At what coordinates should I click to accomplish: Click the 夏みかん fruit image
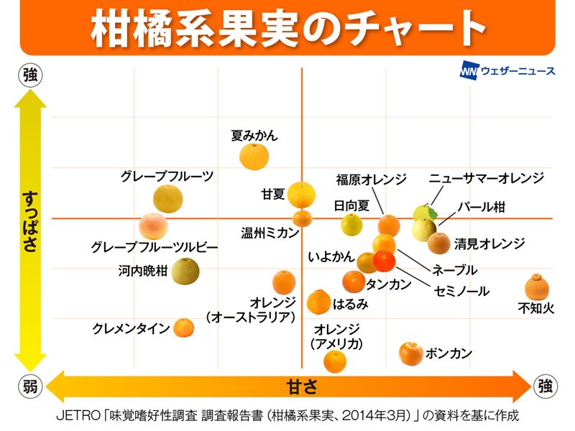coord(254,156)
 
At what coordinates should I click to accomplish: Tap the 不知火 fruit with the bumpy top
coord(536,287)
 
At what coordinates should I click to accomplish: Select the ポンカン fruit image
coord(410,353)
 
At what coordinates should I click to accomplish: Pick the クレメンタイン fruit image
coord(184,328)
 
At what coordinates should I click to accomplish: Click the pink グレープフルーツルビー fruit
coord(153,226)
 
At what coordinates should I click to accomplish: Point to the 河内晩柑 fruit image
coord(185,271)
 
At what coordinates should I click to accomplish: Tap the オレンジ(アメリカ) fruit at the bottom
coord(335,361)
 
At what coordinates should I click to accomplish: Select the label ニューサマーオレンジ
coord(486,178)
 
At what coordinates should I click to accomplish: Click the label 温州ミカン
coord(269,232)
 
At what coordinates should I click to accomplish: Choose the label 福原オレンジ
coord(371,179)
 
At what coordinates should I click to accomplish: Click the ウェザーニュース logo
coord(507,72)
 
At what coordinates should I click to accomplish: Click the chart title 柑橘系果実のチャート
coord(287,29)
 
